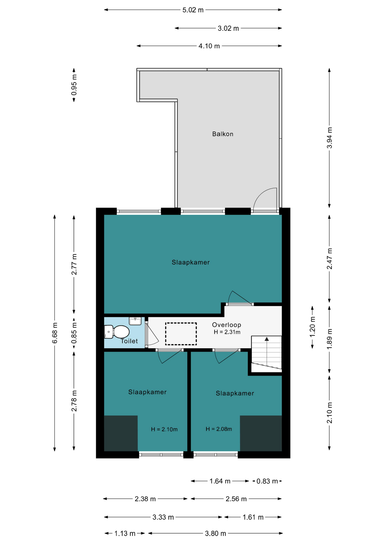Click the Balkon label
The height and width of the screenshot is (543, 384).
tap(223, 134)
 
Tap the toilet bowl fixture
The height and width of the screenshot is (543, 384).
tap(117, 332)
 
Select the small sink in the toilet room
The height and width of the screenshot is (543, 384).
tap(135, 321)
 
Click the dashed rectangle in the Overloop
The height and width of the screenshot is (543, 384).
tap(181, 334)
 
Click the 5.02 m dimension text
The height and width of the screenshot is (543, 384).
tap(193, 10)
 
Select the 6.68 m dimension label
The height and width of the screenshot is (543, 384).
tap(55, 333)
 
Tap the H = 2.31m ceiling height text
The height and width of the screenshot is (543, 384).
tap(227, 332)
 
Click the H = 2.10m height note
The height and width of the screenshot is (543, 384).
tap(164, 429)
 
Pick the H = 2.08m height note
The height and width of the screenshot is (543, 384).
tap(219, 429)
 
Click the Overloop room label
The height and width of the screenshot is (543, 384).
tap(226, 325)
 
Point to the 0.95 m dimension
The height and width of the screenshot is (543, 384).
tap(74, 85)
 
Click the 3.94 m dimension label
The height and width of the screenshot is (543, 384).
tap(329, 138)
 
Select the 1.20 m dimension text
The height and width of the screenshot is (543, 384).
tap(312, 327)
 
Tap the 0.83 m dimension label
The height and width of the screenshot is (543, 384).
tap(267, 481)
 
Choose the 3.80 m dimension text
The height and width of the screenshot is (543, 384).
tap(215, 533)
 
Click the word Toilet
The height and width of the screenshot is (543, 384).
tap(129, 341)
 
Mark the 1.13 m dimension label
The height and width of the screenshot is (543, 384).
tap(125, 533)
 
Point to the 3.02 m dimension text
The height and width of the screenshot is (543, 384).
tap(228, 28)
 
